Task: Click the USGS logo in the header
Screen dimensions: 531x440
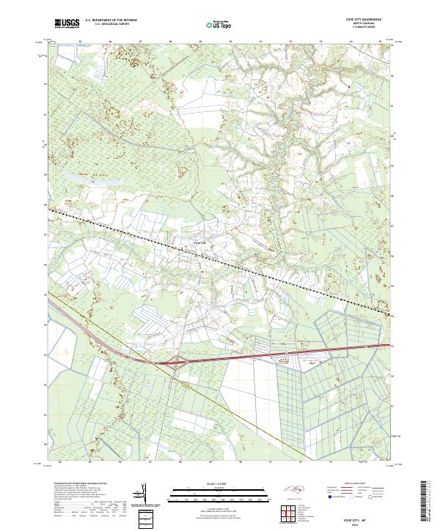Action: (x=67, y=23)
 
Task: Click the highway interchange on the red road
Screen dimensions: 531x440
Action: (x=177, y=360)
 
